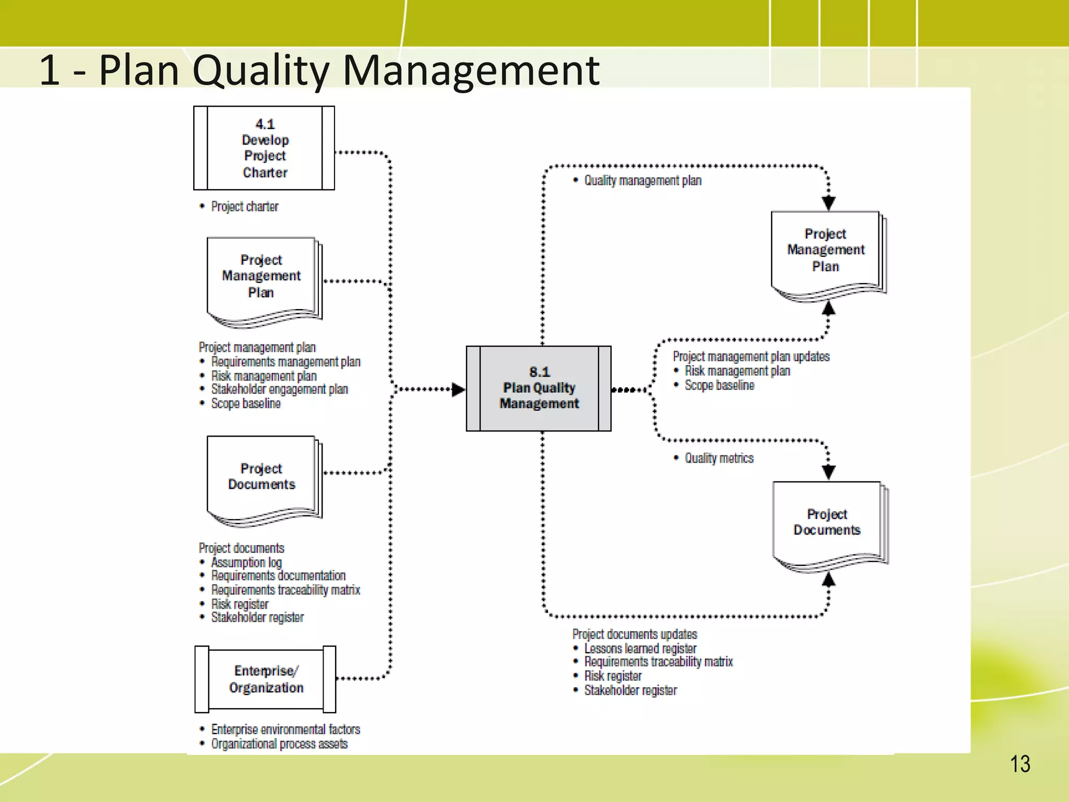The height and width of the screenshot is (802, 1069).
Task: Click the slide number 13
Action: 1020,764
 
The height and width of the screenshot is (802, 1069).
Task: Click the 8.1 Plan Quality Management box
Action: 539,388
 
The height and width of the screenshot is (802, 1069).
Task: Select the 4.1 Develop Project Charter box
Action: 264,148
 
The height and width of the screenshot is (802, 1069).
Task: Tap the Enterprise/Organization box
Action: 265,679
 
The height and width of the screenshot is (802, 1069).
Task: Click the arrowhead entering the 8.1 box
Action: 458,390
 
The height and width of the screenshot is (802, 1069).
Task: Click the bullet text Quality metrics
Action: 719,458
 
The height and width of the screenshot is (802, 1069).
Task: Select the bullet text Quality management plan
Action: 643,181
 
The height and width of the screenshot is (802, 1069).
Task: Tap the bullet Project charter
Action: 244,207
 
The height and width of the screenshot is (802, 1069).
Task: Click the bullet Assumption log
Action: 246,562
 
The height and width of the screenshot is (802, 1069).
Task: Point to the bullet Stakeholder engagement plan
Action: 279,390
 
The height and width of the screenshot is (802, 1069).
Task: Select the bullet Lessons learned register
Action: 640,648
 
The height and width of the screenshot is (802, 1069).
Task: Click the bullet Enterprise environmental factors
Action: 286,729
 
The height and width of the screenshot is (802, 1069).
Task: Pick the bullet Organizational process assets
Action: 279,744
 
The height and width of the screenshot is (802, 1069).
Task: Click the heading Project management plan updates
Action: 751,357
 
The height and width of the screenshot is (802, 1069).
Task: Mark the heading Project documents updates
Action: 634,634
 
